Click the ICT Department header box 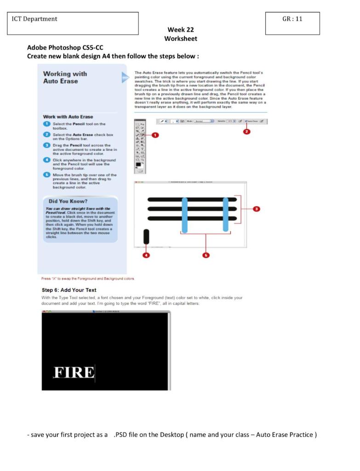[72, 23]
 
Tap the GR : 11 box [292, 23]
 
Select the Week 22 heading [180, 29]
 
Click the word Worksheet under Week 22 [180, 39]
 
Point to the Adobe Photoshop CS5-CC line [65, 47]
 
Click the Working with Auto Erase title [65, 77]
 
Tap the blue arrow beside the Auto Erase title [125, 77]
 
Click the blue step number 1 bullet [46, 124]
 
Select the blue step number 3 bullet [46, 145]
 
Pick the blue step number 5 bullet [46, 175]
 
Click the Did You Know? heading [68, 201]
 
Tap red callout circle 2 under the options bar [247, 132]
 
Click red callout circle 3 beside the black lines [257, 209]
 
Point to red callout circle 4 [146, 255]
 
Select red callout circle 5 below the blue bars [206, 255]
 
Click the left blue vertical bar [184, 215]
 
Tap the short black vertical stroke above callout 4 [146, 236]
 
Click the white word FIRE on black [74, 372]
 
